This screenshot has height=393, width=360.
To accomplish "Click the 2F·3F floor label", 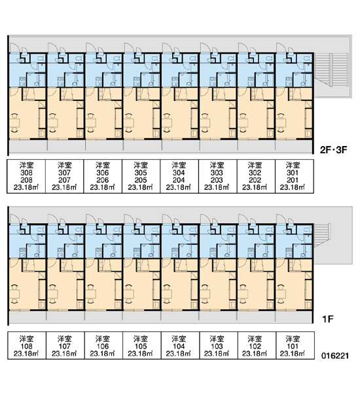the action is [333, 150].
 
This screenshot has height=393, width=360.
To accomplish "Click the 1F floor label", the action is [328, 319].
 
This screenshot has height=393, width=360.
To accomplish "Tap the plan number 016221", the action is [335, 356].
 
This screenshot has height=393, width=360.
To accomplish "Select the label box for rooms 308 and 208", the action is [26, 176].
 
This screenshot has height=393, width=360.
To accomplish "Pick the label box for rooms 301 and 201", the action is [295, 176].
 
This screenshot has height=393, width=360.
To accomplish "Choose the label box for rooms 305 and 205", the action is [141, 176].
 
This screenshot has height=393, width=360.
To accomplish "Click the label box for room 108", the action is [27, 346].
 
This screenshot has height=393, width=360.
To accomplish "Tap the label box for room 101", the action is [295, 346].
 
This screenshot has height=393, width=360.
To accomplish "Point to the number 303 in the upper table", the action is [217, 173].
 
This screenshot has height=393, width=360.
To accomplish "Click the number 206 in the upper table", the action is [103, 180].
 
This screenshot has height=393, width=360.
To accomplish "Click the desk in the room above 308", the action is [14, 123].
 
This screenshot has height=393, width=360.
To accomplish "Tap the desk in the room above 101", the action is [281, 293].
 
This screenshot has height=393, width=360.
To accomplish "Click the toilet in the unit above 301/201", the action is [306, 59].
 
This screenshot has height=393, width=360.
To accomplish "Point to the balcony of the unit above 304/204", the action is [181, 145].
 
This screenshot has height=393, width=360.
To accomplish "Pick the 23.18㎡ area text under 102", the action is [255, 354].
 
